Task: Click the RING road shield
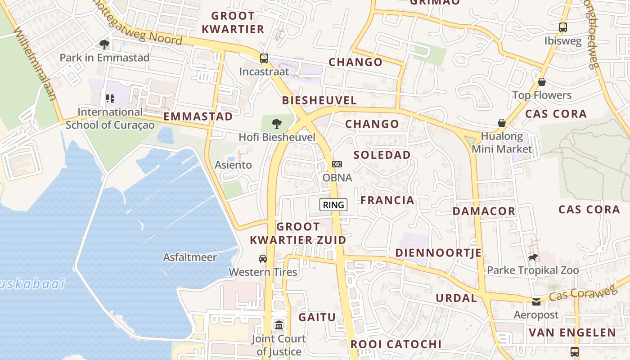(333, 205)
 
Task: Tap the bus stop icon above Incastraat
(264, 58)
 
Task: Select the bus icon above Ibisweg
(562, 27)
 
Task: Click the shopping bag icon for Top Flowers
(542, 82)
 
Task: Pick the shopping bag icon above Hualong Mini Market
(502, 123)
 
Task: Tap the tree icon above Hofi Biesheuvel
(277, 123)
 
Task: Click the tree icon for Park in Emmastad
(104, 44)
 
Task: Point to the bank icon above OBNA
(337, 164)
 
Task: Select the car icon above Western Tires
(263, 258)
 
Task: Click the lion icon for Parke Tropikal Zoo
(533, 257)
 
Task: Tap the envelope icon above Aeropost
(536, 301)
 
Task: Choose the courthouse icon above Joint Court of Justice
(279, 325)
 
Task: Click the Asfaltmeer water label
(190, 257)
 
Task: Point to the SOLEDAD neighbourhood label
(382, 155)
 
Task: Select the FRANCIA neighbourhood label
(387, 200)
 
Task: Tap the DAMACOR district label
(484, 211)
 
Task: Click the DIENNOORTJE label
(438, 253)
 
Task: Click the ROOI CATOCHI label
(396, 344)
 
